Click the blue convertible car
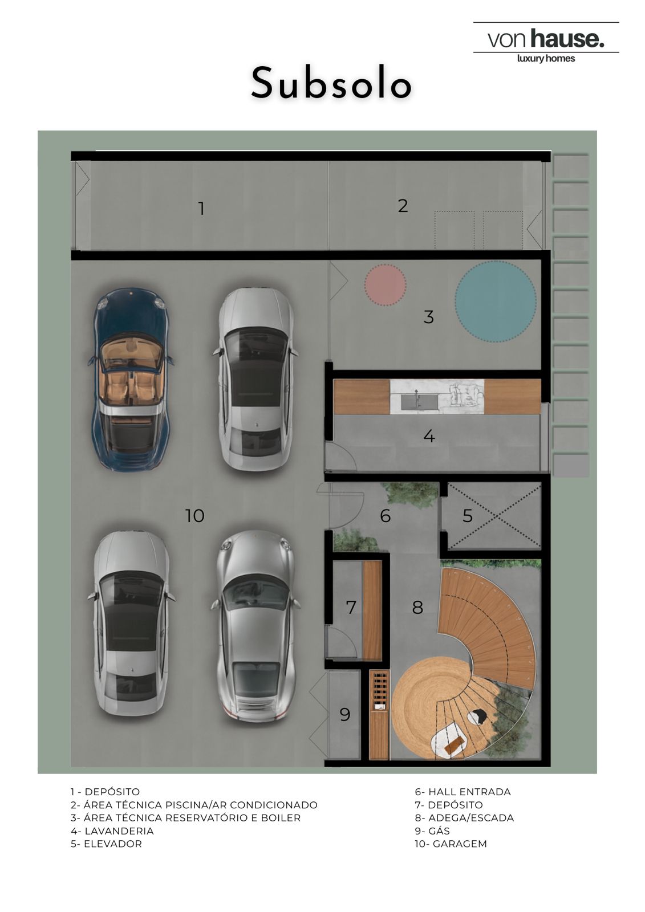[129, 379]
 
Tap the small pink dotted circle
[385, 284]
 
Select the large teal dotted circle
[495, 302]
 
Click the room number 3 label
[428, 317]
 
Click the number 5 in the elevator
[467, 516]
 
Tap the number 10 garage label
[195, 516]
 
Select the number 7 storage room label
[351, 607]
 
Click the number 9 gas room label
[344, 715]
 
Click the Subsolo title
[331, 83]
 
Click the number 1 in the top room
[201, 209]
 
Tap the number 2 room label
[403, 206]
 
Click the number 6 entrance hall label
[385, 516]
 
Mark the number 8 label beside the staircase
[417, 607]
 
